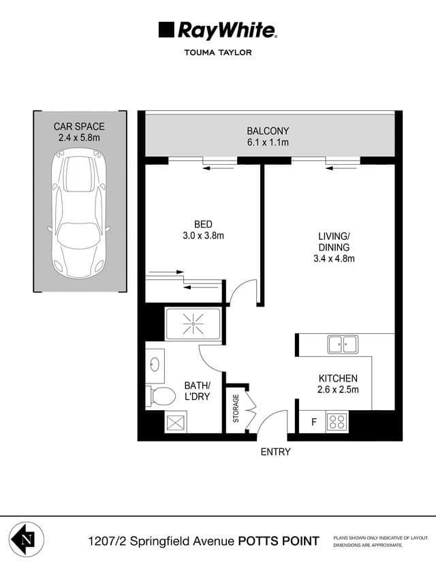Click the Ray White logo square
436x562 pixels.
point(166,29)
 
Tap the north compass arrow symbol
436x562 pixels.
point(25,540)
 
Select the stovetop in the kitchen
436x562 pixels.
point(337,421)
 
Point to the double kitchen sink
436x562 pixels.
point(343,344)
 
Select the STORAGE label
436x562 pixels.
point(236,408)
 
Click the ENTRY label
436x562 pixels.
point(275,452)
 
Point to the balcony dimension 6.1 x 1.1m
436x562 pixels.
point(268,143)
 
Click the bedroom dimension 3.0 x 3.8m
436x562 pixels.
point(203,236)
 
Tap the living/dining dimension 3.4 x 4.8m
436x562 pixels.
point(334,258)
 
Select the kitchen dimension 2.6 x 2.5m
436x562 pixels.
point(338,390)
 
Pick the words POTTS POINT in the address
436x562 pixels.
point(278,541)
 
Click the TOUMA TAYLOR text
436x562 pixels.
point(218,52)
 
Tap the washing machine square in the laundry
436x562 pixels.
point(176,422)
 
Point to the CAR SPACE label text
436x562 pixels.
point(79,126)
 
